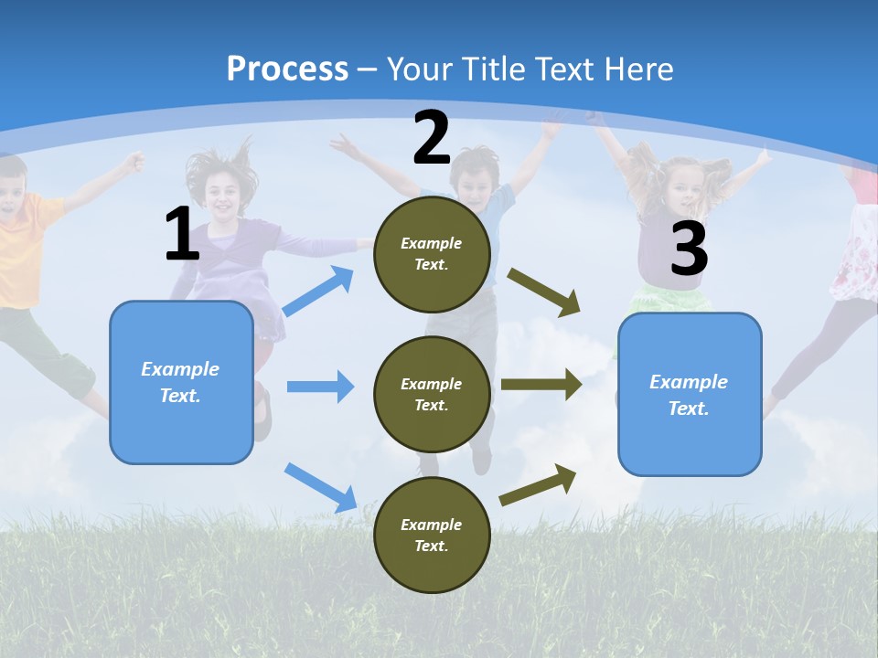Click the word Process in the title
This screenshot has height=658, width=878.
click(287, 69)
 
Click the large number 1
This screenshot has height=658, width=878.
click(182, 234)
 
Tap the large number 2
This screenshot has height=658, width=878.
click(432, 138)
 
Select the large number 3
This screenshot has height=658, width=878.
click(689, 249)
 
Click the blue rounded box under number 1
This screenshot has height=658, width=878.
click(181, 382)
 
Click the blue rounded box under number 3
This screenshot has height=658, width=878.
click(690, 394)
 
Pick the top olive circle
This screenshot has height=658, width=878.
click(432, 253)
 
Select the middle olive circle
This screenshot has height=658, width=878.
click(432, 394)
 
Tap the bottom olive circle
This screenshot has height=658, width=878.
click(432, 535)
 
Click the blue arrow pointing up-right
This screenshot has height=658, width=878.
click(318, 292)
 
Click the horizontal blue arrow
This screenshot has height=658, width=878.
click(320, 387)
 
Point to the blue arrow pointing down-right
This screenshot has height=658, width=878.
click(321, 487)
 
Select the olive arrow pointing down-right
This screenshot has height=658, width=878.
click(544, 292)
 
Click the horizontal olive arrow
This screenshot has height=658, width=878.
click(541, 385)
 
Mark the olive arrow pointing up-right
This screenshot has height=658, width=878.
click(538, 484)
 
